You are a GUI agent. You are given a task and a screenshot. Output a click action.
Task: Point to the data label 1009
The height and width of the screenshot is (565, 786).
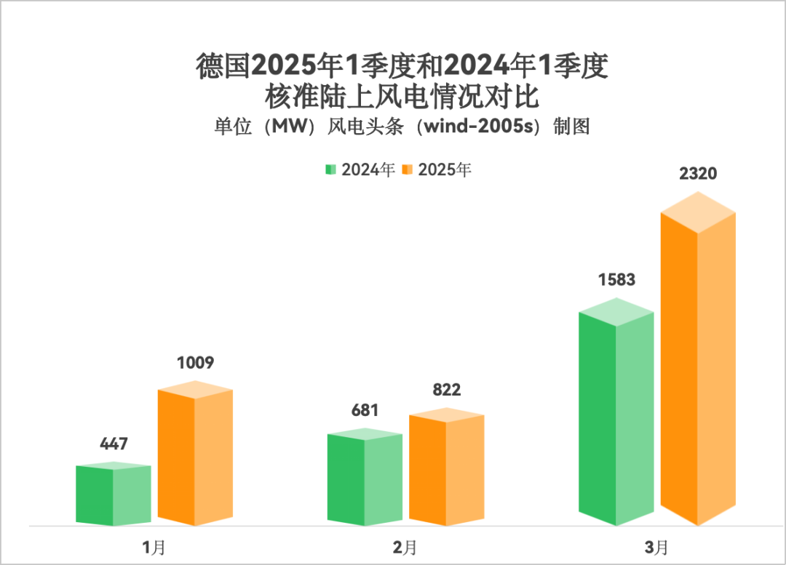pos(195,362)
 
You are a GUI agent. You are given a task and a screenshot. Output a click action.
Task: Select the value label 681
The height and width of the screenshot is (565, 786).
pos(365,409)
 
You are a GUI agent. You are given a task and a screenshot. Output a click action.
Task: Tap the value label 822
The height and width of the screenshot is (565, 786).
pos(446,390)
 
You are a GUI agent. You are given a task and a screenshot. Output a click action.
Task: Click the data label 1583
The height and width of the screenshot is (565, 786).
pos(616,279)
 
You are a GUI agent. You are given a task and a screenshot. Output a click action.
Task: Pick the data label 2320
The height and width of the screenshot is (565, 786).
pos(698,174)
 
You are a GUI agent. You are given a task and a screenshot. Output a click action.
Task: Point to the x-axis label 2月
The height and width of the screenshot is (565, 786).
pos(405,547)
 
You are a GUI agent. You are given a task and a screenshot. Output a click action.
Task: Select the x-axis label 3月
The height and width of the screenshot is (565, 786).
pos(656,547)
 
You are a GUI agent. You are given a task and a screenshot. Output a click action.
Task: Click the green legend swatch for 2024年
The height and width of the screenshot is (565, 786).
pos(330,169)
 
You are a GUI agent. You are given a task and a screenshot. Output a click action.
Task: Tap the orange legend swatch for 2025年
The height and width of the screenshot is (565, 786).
pos(408,169)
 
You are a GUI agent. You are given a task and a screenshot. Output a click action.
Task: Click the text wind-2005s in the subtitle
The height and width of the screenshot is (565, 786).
pos(480,127)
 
